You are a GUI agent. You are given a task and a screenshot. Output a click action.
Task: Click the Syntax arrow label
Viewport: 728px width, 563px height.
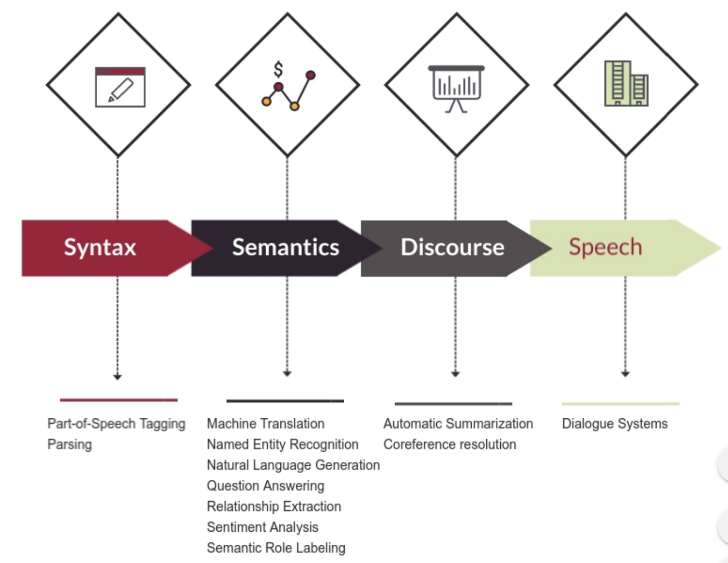[x=100, y=247]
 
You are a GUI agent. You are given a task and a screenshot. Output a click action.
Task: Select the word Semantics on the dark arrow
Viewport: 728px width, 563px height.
[x=285, y=247]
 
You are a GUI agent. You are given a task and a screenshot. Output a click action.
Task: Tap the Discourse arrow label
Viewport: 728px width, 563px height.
[x=452, y=247]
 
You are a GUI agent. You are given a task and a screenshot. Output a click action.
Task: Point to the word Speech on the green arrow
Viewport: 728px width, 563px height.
[x=605, y=247]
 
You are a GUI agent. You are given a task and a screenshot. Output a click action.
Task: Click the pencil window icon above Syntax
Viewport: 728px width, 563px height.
[x=120, y=87]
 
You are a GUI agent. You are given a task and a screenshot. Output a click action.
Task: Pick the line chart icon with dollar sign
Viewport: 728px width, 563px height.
[x=288, y=88]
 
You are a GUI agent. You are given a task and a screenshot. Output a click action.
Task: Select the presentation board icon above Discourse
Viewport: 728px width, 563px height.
[x=457, y=87]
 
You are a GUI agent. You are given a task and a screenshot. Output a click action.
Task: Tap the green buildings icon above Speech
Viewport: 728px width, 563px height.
[x=626, y=84]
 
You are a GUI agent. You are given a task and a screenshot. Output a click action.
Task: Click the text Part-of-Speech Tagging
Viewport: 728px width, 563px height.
[x=116, y=424]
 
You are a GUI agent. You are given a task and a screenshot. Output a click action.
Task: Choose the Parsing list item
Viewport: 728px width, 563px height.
[x=70, y=444]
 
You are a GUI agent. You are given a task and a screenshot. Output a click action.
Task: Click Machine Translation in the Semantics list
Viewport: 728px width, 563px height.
[x=265, y=424]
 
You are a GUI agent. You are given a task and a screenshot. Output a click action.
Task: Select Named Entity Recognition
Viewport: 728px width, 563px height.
[x=282, y=444]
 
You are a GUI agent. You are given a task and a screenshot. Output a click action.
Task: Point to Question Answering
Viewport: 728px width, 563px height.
[x=265, y=485]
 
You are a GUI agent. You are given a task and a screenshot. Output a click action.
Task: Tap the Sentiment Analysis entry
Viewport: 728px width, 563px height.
[x=262, y=527]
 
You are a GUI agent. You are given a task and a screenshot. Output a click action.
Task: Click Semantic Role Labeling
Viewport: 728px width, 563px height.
[x=276, y=548]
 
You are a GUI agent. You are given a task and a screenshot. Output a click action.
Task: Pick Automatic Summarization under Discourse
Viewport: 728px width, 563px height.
[x=458, y=424]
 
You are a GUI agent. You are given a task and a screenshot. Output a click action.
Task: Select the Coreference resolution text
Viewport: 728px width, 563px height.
[x=450, y=444]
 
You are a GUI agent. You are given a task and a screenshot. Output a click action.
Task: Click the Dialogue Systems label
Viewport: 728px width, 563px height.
[x=615, y=424]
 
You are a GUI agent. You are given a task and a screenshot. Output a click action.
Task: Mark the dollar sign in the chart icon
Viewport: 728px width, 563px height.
[x=278, y=69]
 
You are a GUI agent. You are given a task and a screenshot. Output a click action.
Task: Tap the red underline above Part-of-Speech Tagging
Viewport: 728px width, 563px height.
[x=119, y=400]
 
